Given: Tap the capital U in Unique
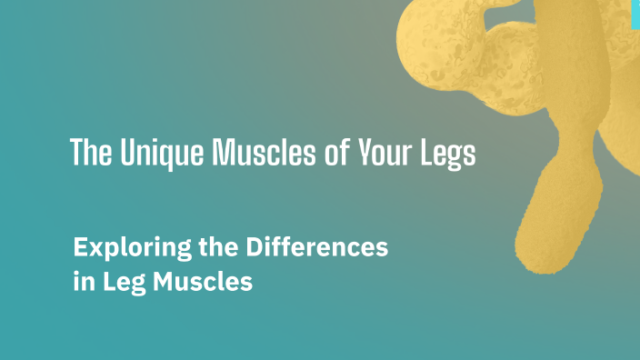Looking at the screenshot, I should pyautogui.click(x=125, y=153).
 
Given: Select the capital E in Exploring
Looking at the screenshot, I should pyautogui.click(x=79, y=246).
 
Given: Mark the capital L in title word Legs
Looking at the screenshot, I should pyautogui.click(x=426, y=153).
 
